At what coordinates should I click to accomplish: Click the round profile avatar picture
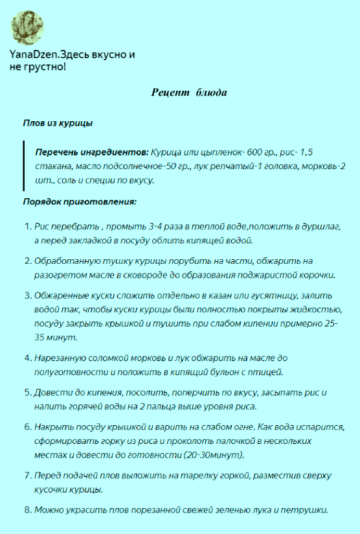[27, 27]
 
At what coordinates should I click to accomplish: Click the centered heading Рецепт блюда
[189, 93]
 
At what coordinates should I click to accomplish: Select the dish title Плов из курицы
[57, 122]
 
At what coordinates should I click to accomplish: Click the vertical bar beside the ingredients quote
[25, 166]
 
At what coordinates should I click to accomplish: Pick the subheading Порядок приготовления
[79, 202]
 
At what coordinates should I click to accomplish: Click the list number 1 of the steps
[27, 227]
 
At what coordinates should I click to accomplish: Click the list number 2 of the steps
[27, 261]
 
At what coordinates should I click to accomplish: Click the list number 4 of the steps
[27, 357]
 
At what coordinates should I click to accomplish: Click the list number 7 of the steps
[27, 476]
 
